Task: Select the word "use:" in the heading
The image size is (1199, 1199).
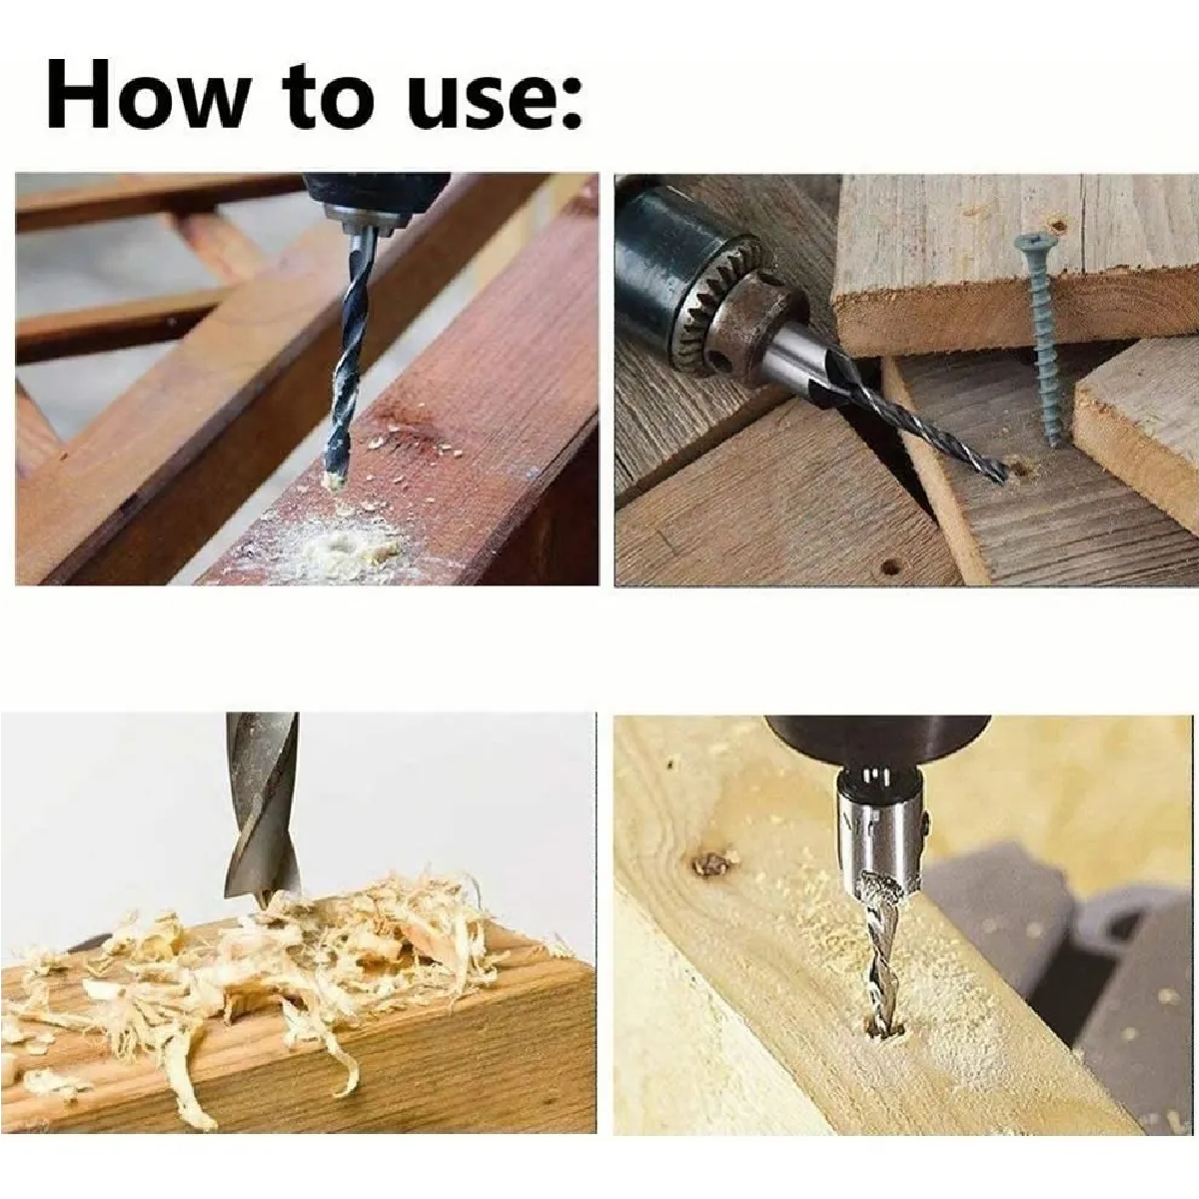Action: (495, 101)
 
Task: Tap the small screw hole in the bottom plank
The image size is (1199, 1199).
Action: (890, 567)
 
